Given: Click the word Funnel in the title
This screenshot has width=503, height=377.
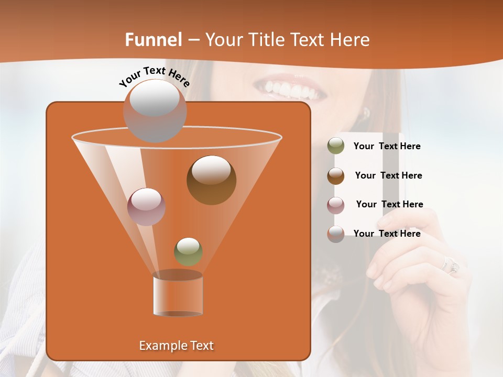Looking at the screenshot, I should pos(153,40).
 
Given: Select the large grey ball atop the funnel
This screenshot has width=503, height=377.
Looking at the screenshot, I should pos(155,110).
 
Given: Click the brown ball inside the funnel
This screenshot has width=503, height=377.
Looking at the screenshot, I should pos(211,180).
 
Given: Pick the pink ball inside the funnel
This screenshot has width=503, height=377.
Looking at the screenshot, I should pos(146,206).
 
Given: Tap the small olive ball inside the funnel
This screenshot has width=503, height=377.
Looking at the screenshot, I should pos(188,251).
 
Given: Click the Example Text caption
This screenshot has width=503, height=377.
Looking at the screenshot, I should pos(176,346).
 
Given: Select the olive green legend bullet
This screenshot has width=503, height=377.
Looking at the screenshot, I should pos(336,146).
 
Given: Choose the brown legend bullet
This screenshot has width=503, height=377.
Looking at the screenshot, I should pos(336,175).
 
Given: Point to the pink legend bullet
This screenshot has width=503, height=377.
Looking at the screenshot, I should pos(336,205).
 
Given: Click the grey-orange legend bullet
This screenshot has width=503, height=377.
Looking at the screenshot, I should pos(336,234).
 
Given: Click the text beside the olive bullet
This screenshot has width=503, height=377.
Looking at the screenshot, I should pos(387,146).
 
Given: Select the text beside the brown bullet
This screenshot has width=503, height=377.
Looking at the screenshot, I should pos(388,175).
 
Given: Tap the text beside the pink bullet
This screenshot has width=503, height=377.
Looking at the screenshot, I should pos(389,204).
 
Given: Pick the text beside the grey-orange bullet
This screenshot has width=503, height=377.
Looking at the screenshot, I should pos(387,234).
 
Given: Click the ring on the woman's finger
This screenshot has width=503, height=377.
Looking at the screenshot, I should pos(451,265).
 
